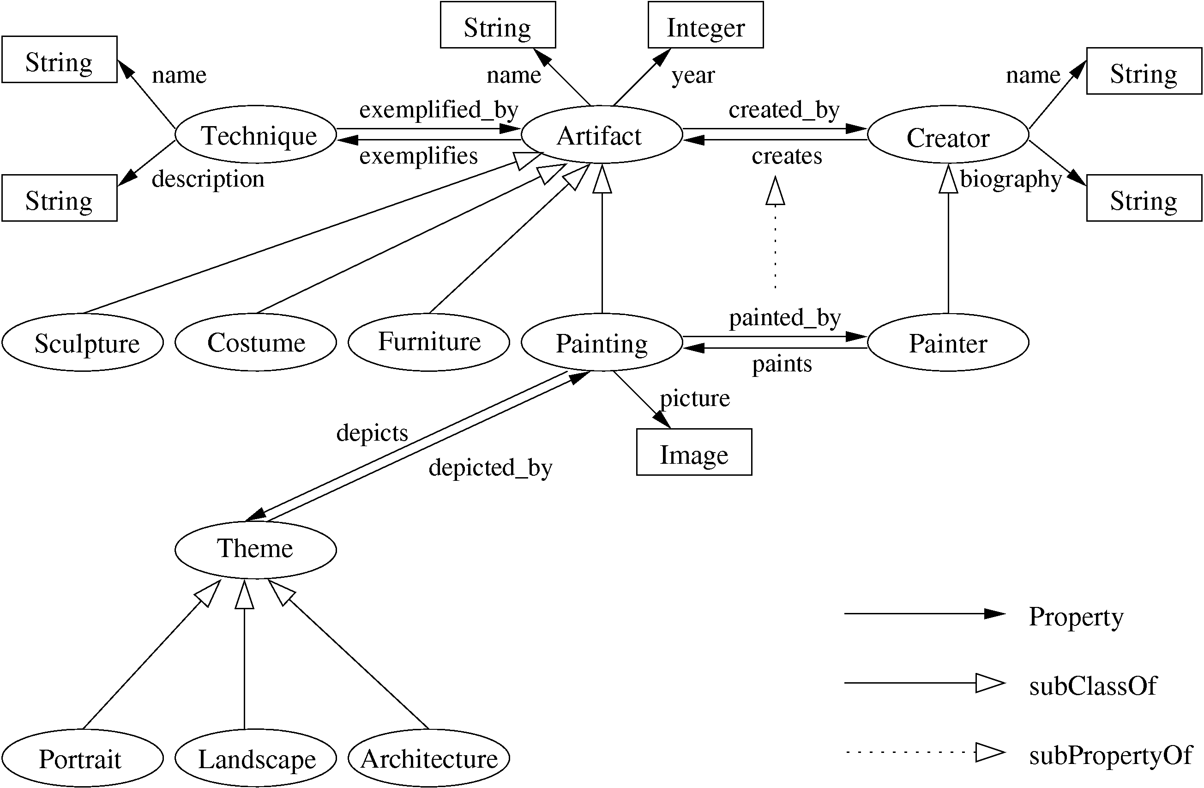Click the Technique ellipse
point(255,134)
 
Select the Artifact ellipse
point(602,134)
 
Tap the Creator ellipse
point(947,134)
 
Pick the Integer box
point(705,25)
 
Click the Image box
point(693,452)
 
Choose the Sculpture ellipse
point(83,343)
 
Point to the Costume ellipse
point(255,343)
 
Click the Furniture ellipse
point(428,343)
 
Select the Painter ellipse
point(947,343)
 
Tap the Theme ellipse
point(255,550)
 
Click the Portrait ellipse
point(83,758)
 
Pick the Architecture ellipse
point(428,758)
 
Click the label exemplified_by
point(439,110)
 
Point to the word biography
point(1010,179)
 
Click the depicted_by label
point(490,467)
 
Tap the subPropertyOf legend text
point(1110,756)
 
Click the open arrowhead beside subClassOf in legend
point(989,683)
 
